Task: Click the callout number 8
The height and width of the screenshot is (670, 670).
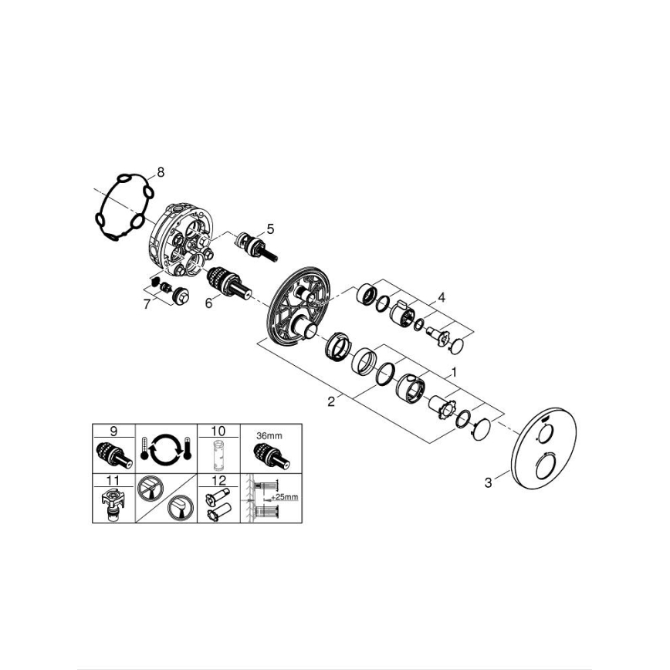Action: [x=161, y=173]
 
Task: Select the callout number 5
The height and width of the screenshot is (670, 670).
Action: [x=270, y=228]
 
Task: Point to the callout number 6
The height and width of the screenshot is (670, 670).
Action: [x=208, y=304]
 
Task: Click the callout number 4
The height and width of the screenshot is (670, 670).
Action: [x=442, y=297]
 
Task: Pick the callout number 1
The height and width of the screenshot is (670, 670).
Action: [x=455, y=371]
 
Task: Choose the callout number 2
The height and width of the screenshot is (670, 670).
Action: [x=331, y=401]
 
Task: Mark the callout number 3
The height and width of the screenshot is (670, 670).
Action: [x=488, y=483]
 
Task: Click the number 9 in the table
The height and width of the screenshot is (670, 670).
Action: [x=113, y=429]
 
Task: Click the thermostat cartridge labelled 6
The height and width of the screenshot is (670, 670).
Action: [x=228, y=282]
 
